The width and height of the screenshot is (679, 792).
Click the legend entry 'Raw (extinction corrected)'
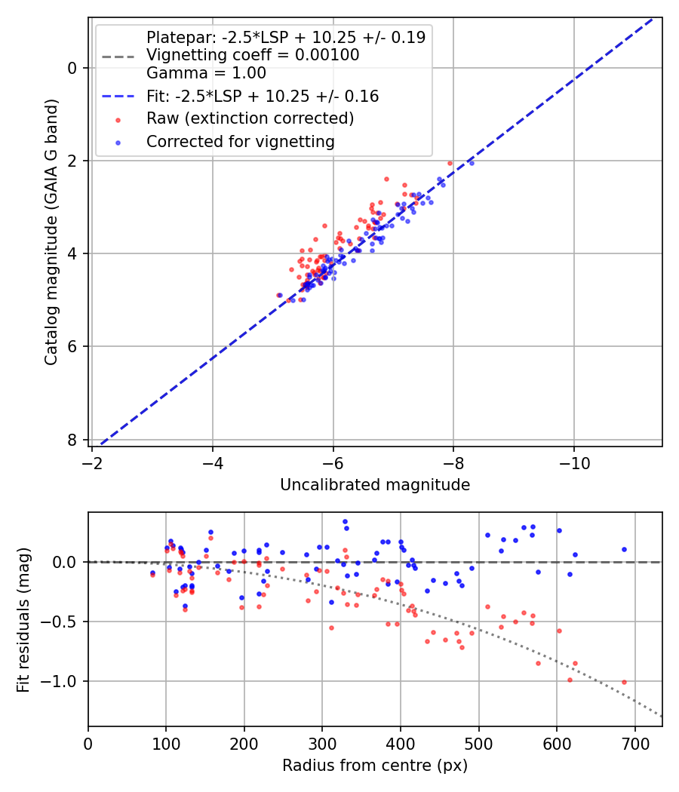(x=250, y=118)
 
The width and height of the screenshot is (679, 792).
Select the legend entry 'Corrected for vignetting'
(x=241, y=142)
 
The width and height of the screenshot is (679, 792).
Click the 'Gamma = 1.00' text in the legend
(x=206, y=73)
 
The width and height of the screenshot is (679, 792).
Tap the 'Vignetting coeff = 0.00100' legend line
(x=253, y=55)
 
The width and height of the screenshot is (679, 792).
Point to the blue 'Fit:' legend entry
(x=263, y=96)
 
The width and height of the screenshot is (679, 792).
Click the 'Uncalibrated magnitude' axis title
(x=375, y=485)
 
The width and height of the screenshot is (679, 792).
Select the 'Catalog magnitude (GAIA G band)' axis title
(x=51, y=232)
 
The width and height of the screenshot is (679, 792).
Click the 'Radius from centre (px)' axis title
(x=375, y=766)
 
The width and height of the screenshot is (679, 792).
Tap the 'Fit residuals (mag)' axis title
(x=23, y=620)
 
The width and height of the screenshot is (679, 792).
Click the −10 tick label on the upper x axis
(x=574, y=463)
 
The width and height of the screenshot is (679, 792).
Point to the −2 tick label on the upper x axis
(x=92, y=463)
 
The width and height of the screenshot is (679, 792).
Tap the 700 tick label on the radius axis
(x=634, y=744)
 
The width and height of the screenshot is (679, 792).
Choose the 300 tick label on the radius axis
(x=322, y=744)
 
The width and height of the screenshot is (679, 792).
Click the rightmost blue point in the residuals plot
(x=624, y=550)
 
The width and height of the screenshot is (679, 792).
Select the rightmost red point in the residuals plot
(x=624, y=682)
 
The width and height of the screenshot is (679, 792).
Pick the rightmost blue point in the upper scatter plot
(x=472, y=163)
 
